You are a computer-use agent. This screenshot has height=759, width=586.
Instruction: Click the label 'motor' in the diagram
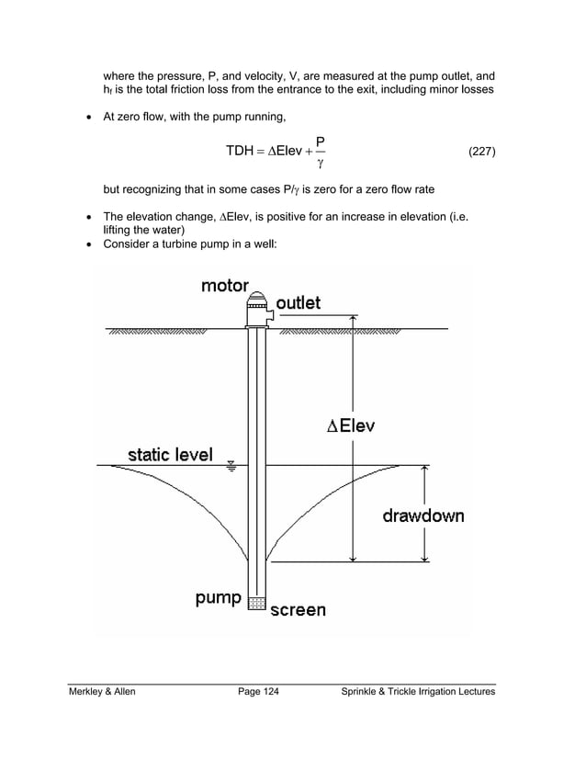224,286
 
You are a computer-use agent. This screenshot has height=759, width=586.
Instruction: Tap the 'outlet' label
299,303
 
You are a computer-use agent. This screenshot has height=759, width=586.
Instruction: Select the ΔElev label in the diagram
351,426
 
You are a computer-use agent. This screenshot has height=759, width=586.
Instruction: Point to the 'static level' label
170,454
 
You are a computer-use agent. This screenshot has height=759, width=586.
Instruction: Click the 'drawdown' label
423,515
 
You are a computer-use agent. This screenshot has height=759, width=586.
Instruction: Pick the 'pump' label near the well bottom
218,598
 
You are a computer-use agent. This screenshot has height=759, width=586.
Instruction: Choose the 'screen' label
297,608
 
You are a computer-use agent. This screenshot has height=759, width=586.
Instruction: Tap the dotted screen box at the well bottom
257,604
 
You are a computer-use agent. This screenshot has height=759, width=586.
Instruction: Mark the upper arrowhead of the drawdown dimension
424,470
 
